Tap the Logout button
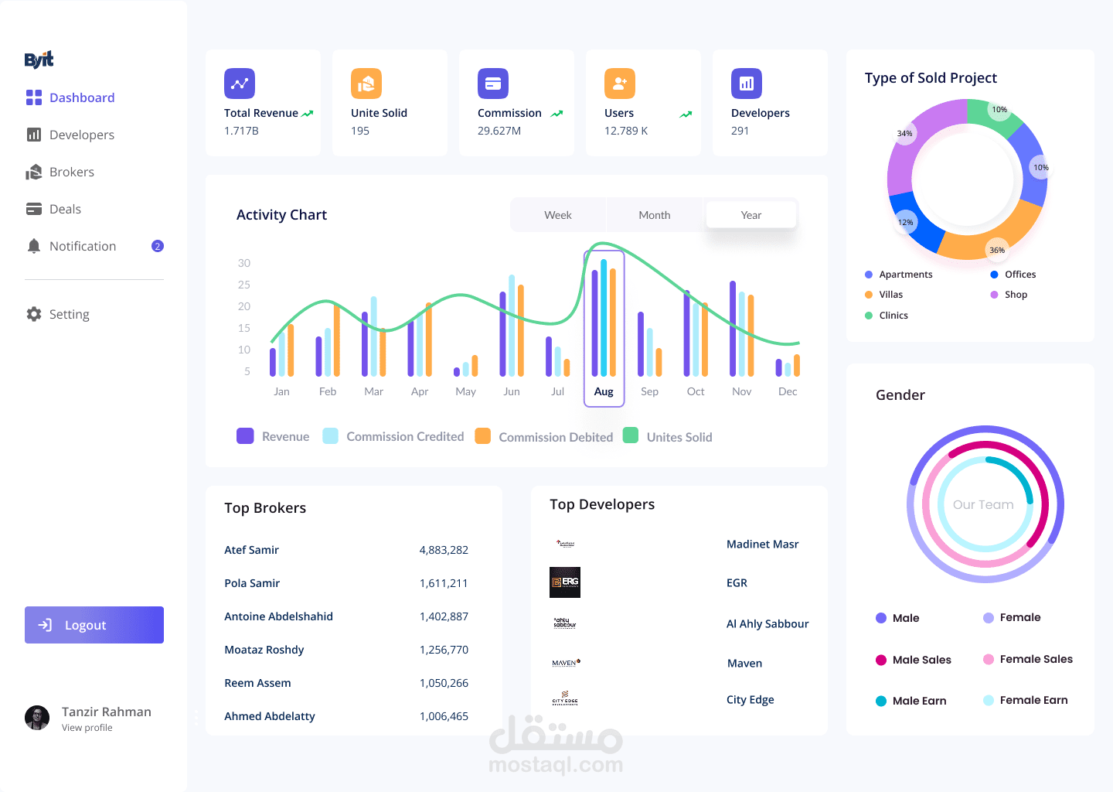click(94, 625)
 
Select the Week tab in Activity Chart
click(558, 215)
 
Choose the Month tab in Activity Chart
click(654, 215)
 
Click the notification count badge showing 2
click(158, 246)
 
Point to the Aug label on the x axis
click(604, 391)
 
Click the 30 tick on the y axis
click(244, 263)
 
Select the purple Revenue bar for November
click(733, 329)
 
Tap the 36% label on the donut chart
click(997, 250)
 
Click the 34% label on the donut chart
click(904, 133)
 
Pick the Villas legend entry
click(890, 295)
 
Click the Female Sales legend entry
click(1036, 659)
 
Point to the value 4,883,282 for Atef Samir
click(444, 550)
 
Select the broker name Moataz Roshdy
click(264, 650)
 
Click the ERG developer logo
click(565, 582)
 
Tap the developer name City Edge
click(750, 700)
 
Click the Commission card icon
click(493, 84)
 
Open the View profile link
click(87, 728)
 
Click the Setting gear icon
click(34, 314)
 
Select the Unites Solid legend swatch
click(631, 435)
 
